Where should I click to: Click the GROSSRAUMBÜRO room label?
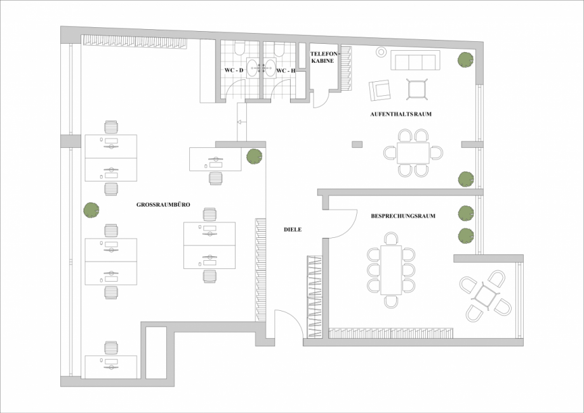pyautogui.click(x=163, y=205)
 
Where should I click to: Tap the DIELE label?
pyautogui.click(x=293, y=230)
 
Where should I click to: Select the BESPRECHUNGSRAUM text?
pyautogui.click(x=403, y=216)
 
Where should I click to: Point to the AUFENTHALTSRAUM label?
pyautogui.click(x=401, y=114)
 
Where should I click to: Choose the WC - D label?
pyautogui.click(x=234, y=70)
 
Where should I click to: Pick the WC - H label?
pyautogui.click(x=286, y=70)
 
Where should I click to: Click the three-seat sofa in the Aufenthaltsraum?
pyautogui.click(x=415, y=60)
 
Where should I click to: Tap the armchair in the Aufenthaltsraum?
pyautogui.click(x=380, y=91)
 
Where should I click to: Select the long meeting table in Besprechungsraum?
pyautogui.click(x=391, y=270)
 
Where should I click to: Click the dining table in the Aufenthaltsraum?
pyautogui.click(x=413, y=153)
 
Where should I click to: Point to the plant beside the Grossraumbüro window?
pyautogui.click(x=91, y=210)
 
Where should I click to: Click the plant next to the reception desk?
pyautogui.click(x=254, y=156)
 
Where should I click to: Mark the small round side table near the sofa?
pyautogui.click(x=381, y=52)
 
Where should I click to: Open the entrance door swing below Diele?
pyautogui.click(x=289, y=324)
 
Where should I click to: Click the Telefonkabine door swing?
pyautogui.click(x=321, y=99)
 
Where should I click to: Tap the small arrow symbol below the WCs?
pyautogui.click(x=239, y=122)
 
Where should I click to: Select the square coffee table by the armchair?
pyautogui.click(x=417, y=89)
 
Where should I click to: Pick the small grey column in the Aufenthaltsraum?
pyautogui.click(x=357, y=145)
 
